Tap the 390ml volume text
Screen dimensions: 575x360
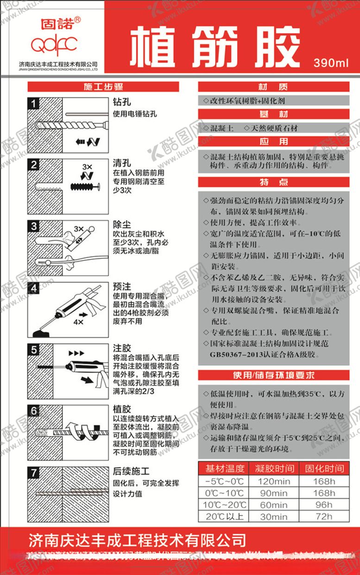click(x=330, y=63)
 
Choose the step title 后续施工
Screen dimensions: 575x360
click(x=131, y=471)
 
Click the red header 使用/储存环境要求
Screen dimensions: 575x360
click(x=273, y=375)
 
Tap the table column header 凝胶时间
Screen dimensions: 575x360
click(x=273, y=468)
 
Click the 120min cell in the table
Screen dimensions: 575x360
click(x=273, y=481)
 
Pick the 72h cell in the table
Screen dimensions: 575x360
click(x=324, y=516)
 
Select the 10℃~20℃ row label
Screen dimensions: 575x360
click(x=224, y=505)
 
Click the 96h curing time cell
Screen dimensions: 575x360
click(x=324, y=505)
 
